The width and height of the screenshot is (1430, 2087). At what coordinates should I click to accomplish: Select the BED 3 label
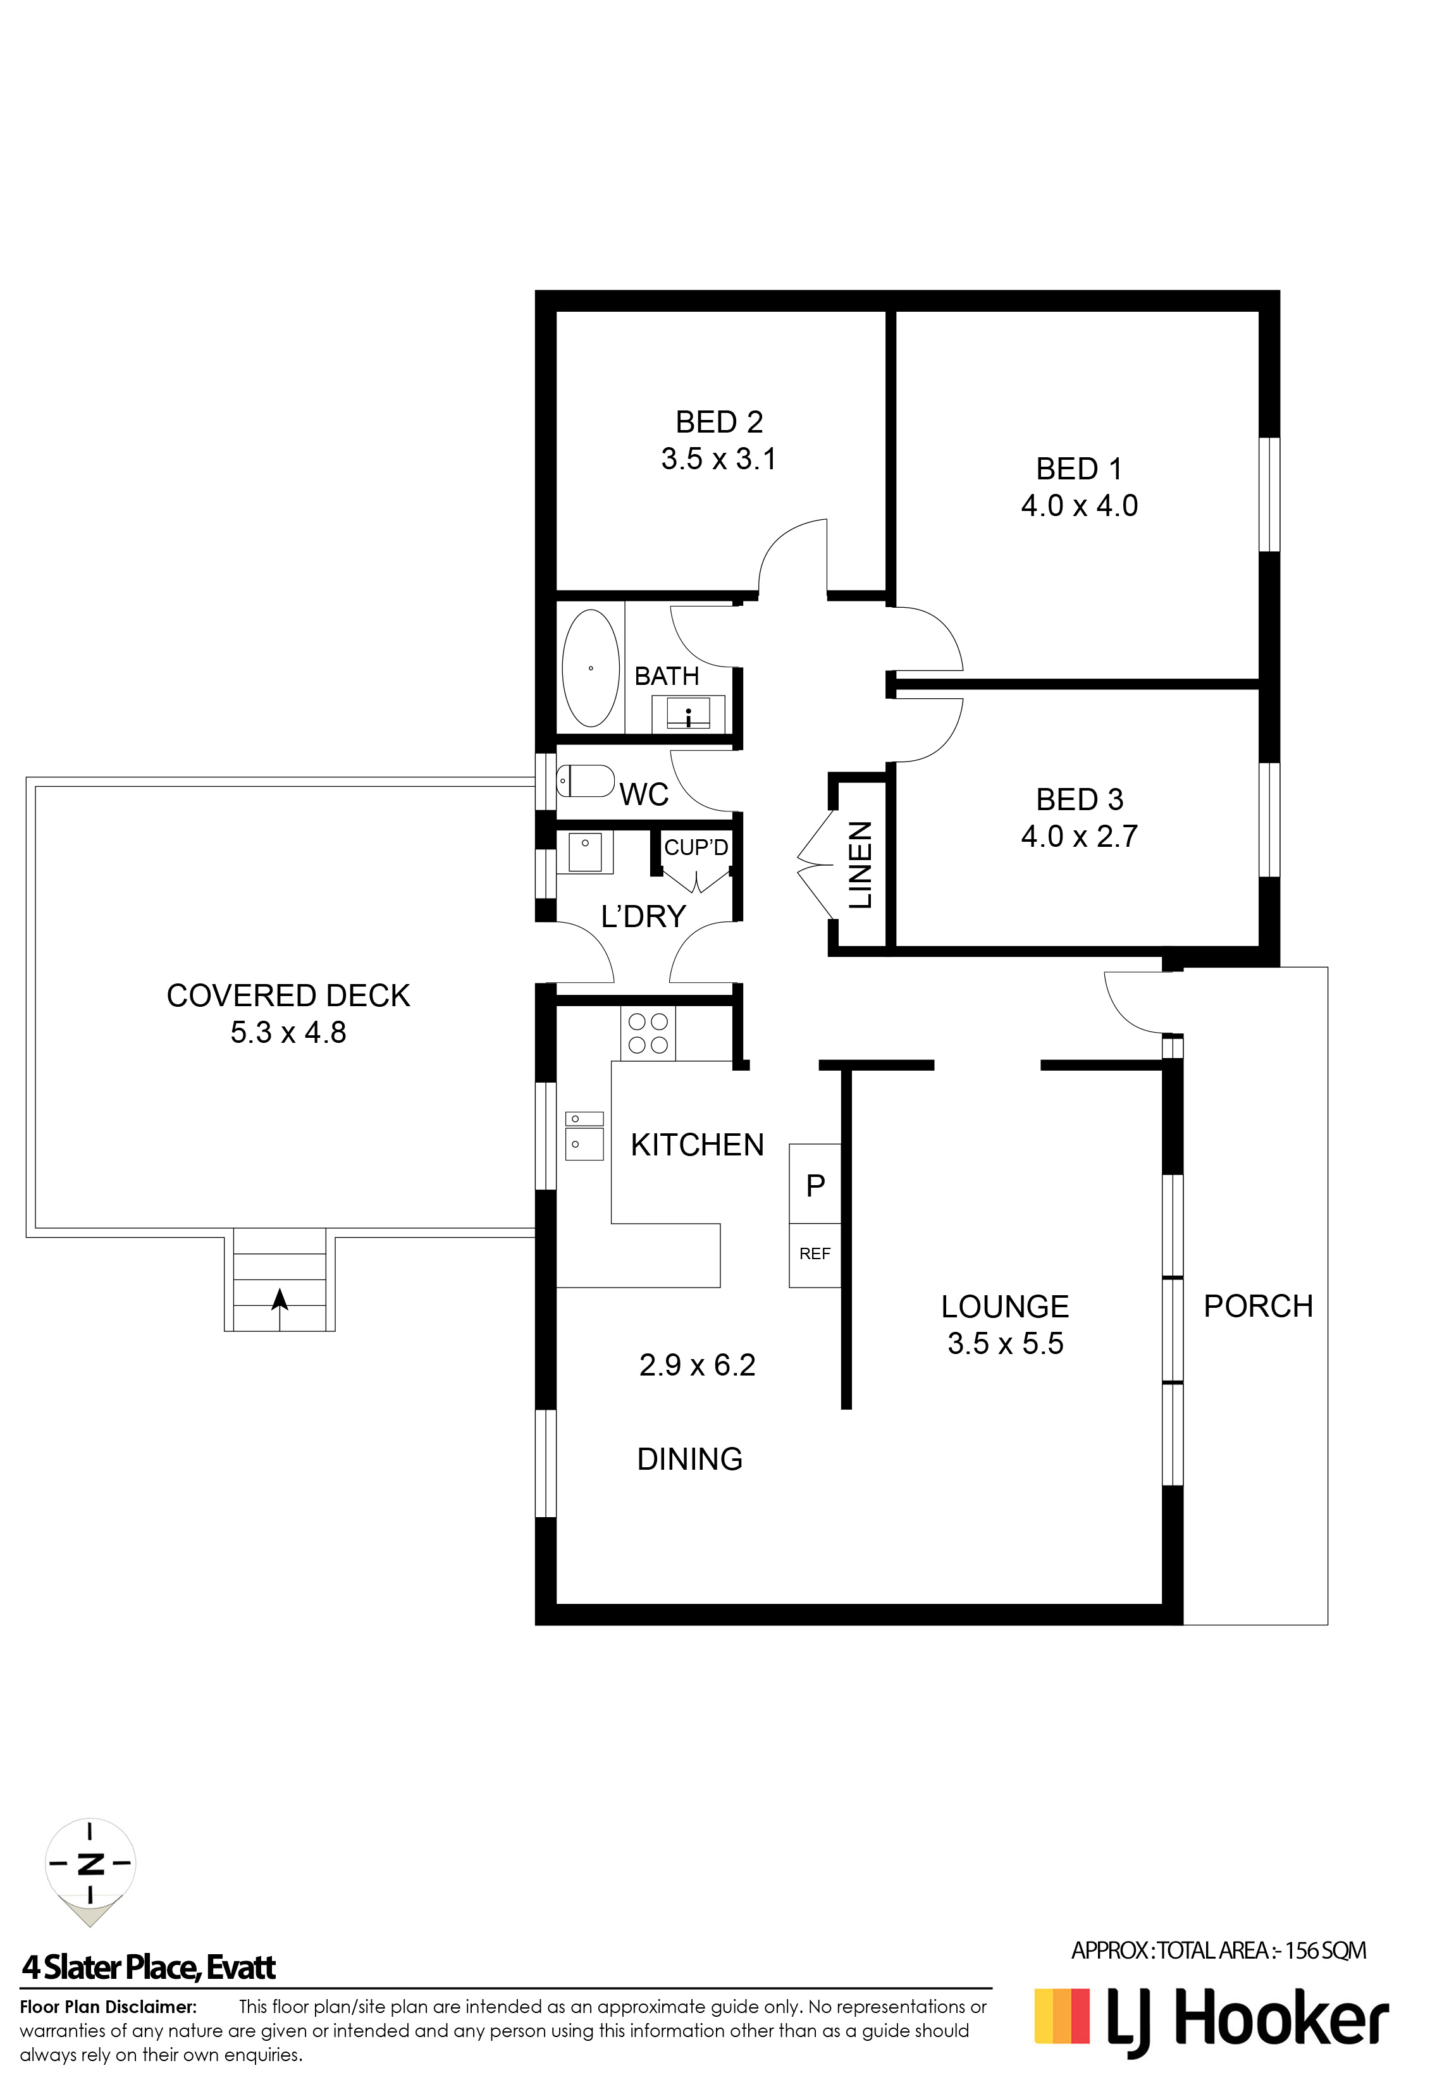(x=1079, y=799)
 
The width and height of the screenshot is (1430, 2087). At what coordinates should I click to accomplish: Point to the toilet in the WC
(x=586, y=780)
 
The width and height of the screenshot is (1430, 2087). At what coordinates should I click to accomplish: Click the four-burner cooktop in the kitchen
(x=648, y=1033)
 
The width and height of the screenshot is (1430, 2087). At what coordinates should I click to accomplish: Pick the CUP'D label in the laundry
(x=696, y=847)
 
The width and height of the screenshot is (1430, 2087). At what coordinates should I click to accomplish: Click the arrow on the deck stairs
(x=280, y=1298)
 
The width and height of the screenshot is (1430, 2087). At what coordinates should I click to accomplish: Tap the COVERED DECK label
(x=288, y=996)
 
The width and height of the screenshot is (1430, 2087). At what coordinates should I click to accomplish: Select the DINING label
(x=690, y=1459)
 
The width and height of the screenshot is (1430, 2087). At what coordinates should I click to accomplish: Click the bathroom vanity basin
(x=688, y=714)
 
